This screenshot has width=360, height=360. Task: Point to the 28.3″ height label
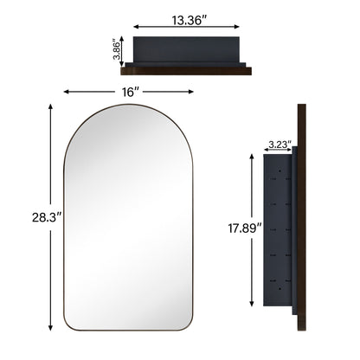tap(31, 217)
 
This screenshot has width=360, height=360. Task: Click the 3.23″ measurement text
tap(278, 143)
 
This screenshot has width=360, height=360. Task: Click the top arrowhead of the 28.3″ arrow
tap(50, 106)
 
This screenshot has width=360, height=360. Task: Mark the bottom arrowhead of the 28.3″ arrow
tap(50, 329)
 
